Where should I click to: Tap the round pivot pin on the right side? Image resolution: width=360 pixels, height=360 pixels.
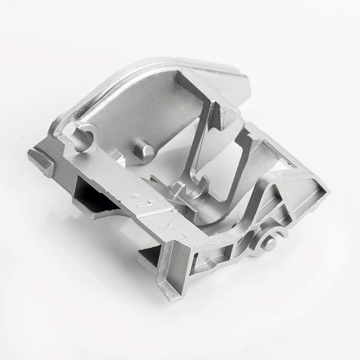coord(271,243)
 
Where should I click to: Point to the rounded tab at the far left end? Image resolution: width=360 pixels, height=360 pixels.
coord(40,161)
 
